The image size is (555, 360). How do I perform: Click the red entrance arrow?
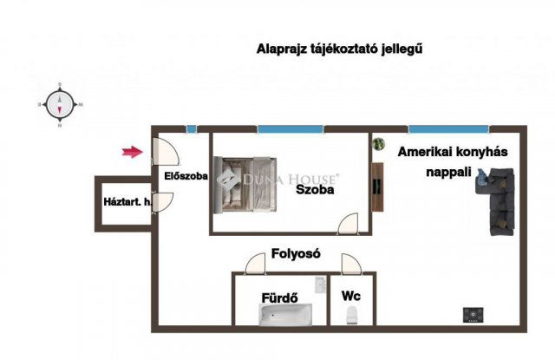131,153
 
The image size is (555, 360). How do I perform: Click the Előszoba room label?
186,176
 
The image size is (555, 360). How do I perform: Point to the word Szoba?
314,190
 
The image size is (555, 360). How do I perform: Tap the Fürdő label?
280,298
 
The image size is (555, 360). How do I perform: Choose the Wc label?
351,297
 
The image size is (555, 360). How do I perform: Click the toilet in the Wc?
351,317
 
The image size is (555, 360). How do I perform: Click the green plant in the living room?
378,143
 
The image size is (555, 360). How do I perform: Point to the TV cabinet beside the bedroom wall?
378,187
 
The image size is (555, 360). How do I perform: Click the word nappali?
448,173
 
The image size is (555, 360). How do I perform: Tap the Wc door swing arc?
349,262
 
